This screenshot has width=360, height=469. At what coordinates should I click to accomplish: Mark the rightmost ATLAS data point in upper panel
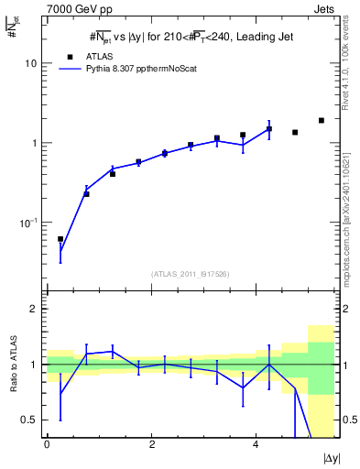[x=322, y=120]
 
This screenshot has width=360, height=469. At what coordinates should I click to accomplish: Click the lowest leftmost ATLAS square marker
[x=60, y=239]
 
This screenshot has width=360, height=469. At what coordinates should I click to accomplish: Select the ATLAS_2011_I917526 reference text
[x=190, y=273]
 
